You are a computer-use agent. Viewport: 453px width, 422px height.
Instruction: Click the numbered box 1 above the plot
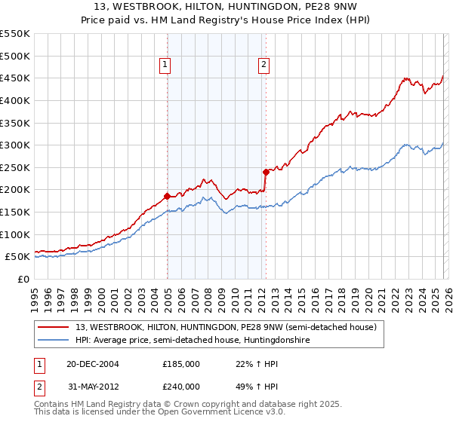[165, 66]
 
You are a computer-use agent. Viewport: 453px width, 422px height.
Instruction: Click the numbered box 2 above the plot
[263, 66]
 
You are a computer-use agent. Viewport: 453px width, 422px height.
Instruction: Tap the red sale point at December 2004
[167, 196]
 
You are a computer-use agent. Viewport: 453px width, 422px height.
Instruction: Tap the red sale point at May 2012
[266, 172]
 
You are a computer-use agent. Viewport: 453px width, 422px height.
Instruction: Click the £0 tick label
[23, 279]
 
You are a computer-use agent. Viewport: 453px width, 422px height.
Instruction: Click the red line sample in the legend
[54, 327]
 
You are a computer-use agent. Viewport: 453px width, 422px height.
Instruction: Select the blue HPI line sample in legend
[54, 340]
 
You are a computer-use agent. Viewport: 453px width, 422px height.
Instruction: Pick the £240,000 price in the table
[180, 386]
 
